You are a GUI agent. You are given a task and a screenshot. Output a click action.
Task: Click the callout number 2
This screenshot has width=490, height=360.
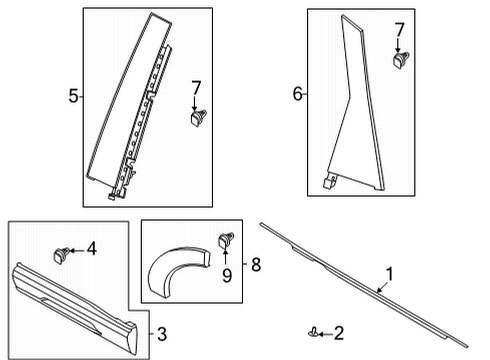338,332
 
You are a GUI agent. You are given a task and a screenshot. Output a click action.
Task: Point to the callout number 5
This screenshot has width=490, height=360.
72,97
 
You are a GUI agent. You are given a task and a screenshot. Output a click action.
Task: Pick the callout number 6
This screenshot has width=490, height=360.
296,94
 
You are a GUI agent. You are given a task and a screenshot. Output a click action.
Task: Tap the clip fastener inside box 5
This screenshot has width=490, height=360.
196,119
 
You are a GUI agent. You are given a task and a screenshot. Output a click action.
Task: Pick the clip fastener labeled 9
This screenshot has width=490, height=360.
224,240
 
